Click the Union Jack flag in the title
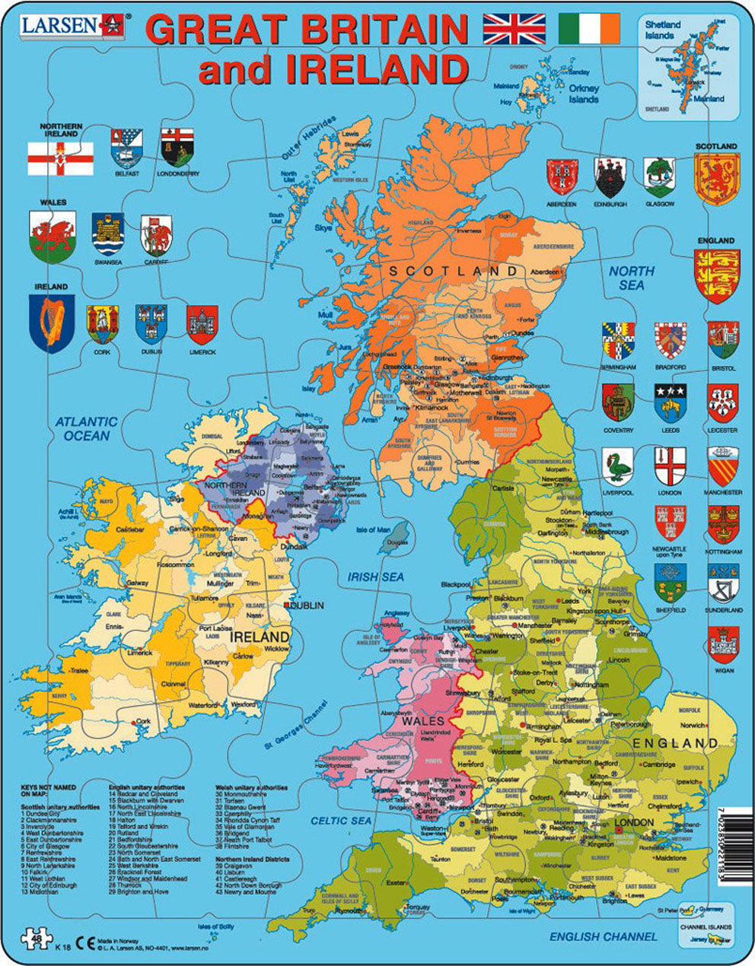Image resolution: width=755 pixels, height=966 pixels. [514, 29]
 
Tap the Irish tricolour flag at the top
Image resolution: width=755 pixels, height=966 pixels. [589, 29]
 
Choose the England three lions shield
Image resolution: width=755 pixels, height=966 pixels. [716, 275]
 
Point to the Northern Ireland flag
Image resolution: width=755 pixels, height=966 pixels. [60, 157]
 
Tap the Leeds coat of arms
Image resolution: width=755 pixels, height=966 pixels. [671, 402]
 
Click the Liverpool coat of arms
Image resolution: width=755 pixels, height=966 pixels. [617, 466]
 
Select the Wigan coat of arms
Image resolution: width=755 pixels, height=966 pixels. [723, 645]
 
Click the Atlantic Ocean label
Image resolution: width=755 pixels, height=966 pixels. [87, 428]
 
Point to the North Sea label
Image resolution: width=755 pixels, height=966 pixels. [631, 278]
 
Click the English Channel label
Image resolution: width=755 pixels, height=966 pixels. [603, 936]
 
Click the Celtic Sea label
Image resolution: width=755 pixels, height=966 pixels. [341, 821]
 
